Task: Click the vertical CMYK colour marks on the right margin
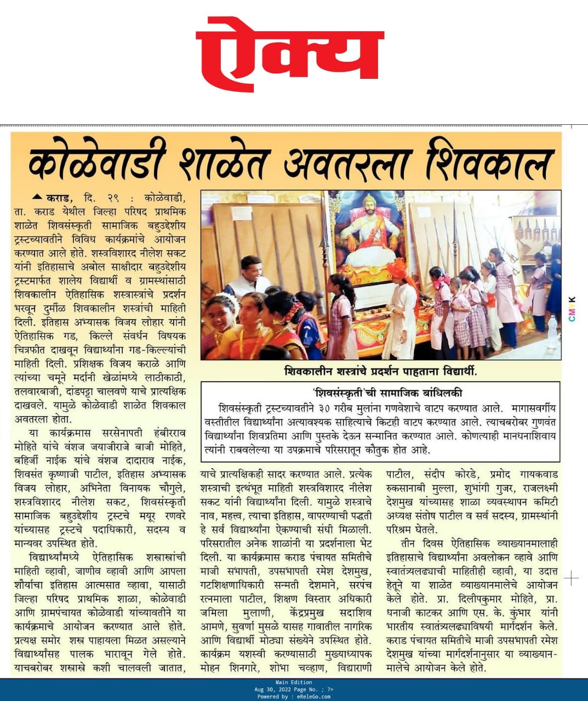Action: point(572,309)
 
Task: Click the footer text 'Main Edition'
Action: point(294,682)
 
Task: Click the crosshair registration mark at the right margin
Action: point(571,578)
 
